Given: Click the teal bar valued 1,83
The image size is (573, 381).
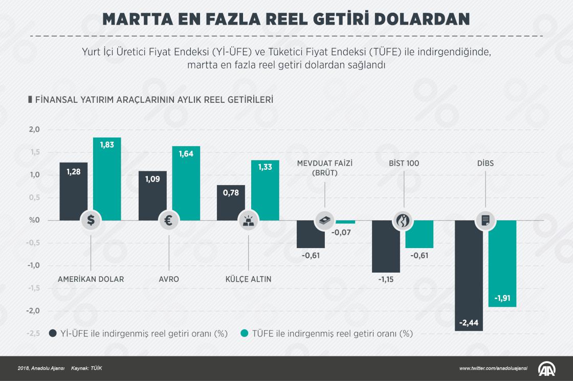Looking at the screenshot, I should (x=107, y=179).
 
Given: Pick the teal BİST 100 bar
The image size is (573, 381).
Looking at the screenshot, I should (x=420, y=234).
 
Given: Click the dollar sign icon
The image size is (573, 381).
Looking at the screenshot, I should (x=91, y=220).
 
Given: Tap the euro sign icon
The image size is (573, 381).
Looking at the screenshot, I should (x=169, y=220).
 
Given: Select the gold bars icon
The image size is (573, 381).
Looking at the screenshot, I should (x=248, y=220).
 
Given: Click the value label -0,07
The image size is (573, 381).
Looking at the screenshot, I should (x=341, y=233).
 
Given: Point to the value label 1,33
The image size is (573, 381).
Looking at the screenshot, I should (x=265, y=168).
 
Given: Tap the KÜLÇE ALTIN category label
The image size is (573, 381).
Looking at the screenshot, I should (x=248, y=279).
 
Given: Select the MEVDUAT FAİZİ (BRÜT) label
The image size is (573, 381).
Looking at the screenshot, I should (x=325, y=168).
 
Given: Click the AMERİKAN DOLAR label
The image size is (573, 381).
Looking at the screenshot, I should (x=91, y=279).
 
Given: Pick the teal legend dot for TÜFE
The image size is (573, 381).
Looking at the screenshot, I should (x=244, y=333).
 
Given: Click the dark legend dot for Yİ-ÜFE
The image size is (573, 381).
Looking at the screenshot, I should (x=52, y=333).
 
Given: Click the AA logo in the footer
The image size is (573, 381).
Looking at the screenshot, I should (x=548, y=368).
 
